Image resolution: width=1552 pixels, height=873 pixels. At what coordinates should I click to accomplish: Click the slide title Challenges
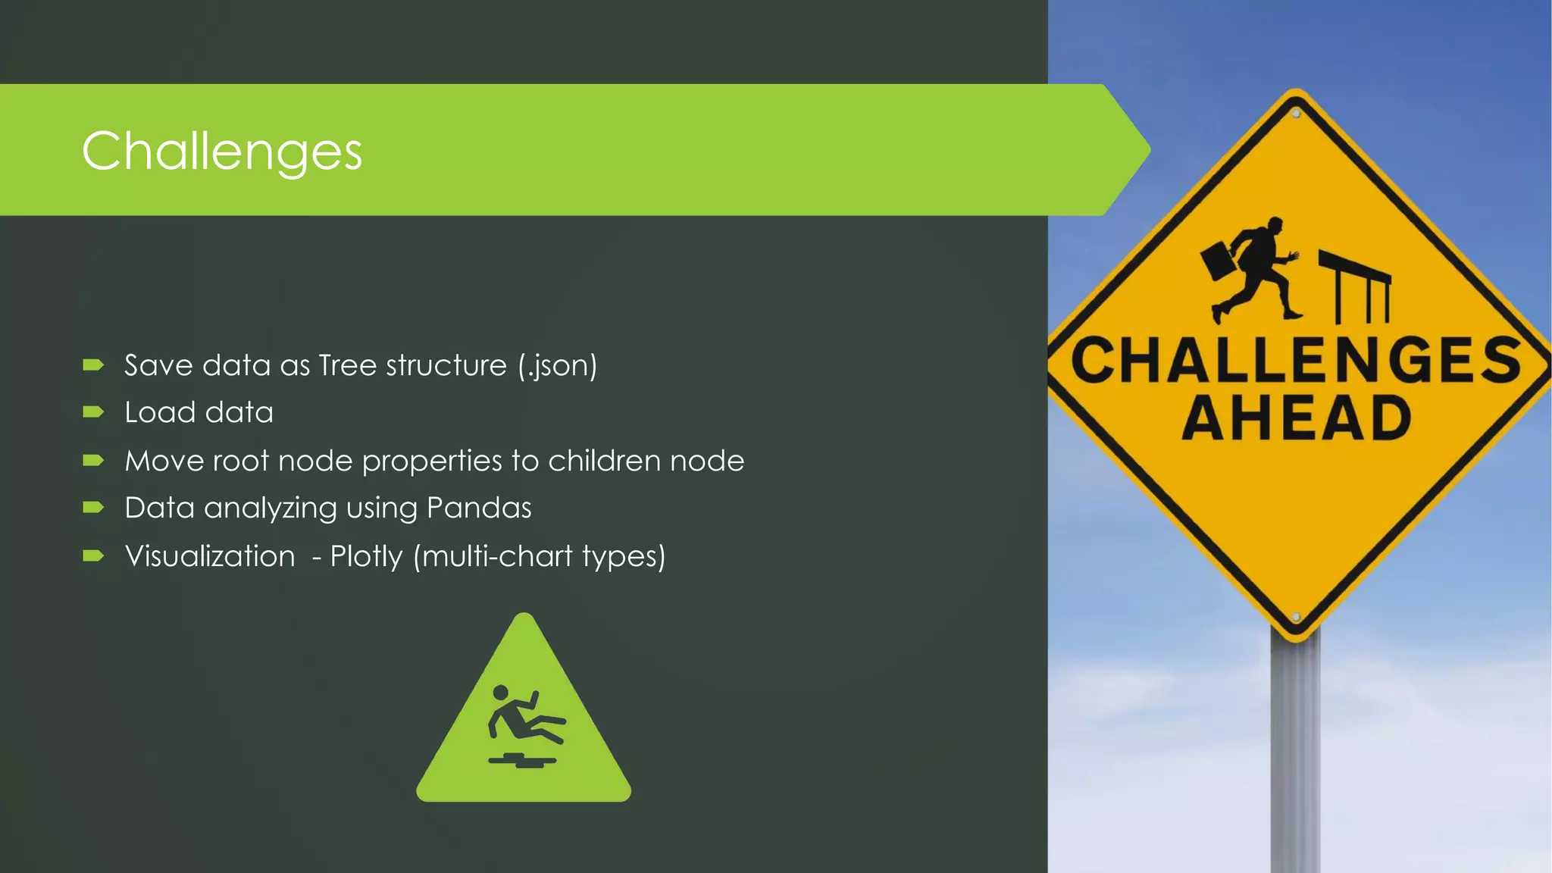pos(221,152)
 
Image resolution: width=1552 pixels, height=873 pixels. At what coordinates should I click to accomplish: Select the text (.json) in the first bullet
pos(558,366)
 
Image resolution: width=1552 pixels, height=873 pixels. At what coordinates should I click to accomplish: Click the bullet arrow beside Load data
pos(93,412)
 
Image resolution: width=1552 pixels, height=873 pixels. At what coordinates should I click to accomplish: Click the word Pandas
pos(479,508)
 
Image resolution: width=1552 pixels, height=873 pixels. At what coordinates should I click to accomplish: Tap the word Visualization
pos(210,556)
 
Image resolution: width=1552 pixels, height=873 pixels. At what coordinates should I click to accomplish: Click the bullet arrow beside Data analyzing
pos(93,508)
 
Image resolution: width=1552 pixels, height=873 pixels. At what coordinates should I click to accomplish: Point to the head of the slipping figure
pos(500,693)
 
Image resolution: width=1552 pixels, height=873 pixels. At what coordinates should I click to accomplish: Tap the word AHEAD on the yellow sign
pos(1297,418)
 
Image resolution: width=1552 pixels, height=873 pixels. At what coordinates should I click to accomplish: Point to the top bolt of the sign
pos(1296,114)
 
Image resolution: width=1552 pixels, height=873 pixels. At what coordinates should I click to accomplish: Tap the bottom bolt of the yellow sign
pos(1296,618)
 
